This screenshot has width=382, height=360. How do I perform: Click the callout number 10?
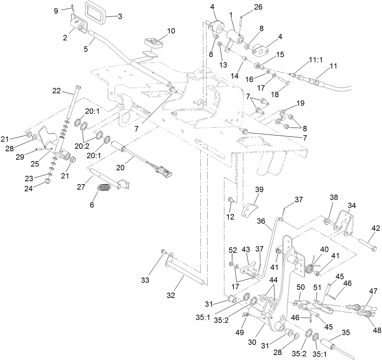tap(171, 31)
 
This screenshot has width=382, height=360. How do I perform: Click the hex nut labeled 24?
tap(47, 182)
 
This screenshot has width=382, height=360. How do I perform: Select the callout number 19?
tap(300, 103)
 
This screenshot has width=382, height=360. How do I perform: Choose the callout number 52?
tap(232, 250)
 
